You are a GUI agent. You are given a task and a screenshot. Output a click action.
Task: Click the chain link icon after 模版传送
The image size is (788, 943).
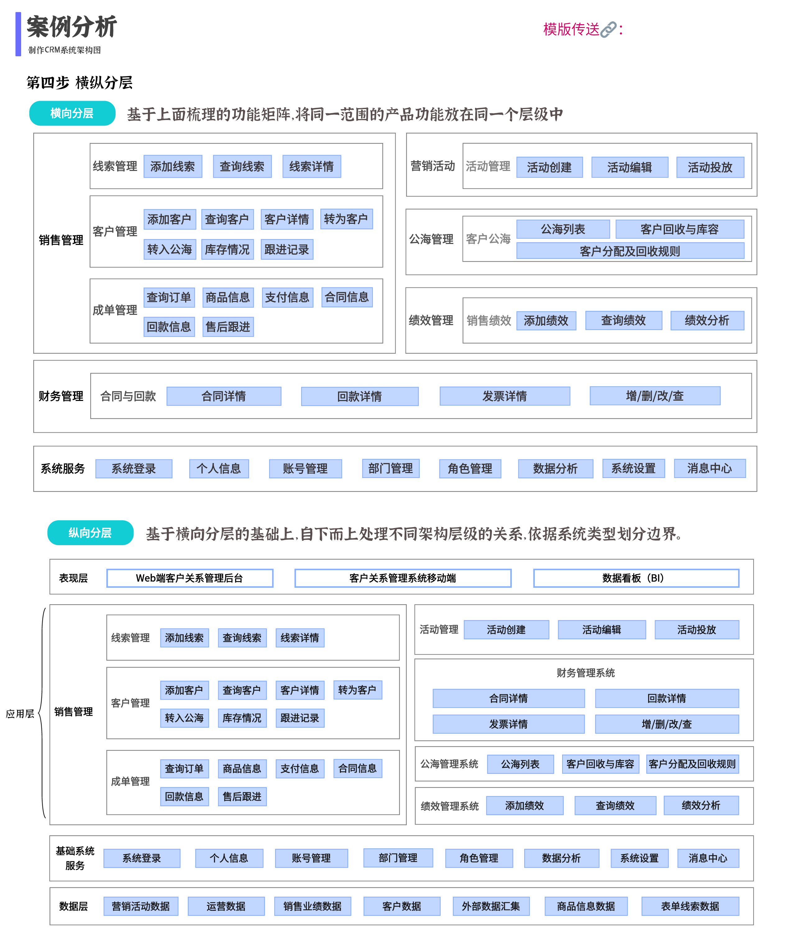tap(608, 30)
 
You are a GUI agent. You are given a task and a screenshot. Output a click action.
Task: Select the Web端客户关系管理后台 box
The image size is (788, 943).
tap(190, 578)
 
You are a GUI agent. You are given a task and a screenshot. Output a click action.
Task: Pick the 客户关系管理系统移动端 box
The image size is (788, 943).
tap(403, 578)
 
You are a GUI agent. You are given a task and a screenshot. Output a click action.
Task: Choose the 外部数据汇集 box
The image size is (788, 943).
tap(491, 906)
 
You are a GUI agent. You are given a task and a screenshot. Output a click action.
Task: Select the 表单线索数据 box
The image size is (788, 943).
tap(690, 906)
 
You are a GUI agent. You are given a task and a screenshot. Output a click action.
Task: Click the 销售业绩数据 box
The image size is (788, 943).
tap(313, 906)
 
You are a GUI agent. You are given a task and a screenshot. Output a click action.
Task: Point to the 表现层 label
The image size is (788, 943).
tap(73, 578)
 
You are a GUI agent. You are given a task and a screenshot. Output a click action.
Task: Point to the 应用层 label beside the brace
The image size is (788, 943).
tap(20, 714)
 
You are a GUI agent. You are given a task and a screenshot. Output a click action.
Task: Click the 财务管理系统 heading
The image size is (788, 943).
tap(585, 673)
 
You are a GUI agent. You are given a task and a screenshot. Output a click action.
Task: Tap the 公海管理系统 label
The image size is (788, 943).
tap(449, 764)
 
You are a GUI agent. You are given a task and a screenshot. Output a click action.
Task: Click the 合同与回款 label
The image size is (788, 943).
tap(128, 396)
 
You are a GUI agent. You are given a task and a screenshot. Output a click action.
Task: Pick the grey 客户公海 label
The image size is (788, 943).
tap(488, 239)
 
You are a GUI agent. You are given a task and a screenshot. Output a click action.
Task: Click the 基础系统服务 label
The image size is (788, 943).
tap(75, 858)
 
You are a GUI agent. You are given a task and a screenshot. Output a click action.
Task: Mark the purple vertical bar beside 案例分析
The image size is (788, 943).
tap(18, 34)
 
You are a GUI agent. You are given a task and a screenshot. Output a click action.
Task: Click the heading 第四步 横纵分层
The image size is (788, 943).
tap(80, 83)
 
